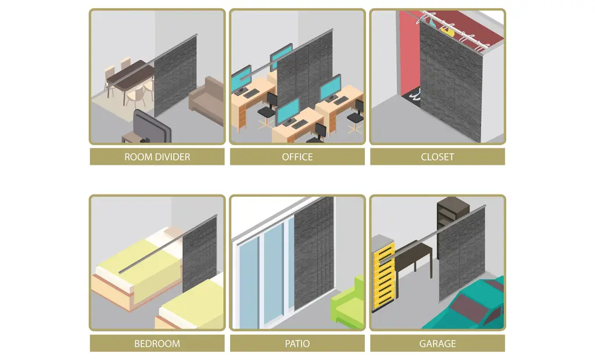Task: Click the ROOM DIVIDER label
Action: pos(157,157)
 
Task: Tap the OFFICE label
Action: pos(297,157)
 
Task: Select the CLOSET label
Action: pos(437,157)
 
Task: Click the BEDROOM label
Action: pos(157,344)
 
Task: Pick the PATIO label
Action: pos(297,344)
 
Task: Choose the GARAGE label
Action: pos(437,344)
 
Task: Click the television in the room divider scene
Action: pos(151,128)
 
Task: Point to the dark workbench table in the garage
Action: pos(414,255)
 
